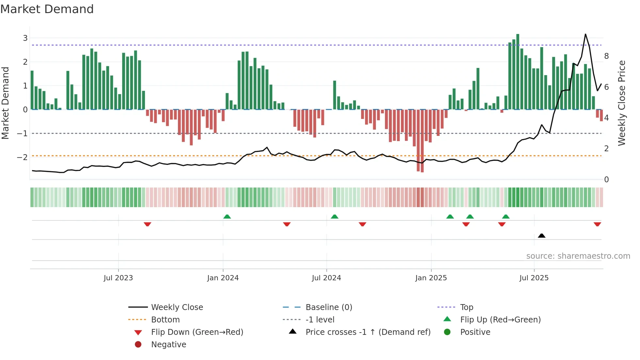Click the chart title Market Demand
pos(47,9)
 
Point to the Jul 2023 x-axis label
pos(118,278)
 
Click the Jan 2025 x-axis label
pos(431,278)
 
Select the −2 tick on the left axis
pos(22,157)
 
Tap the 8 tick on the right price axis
pos(606,56)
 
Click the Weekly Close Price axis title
pos(622,103)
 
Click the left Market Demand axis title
pos(5,103)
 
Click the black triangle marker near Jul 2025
pos(541,236)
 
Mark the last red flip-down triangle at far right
pos(597,224)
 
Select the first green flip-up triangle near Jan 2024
pos(227,216)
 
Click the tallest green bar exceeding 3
pos(518,72)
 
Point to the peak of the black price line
pos(585,34)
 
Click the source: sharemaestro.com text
pos(578,256)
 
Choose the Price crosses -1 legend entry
pos(368,332)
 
